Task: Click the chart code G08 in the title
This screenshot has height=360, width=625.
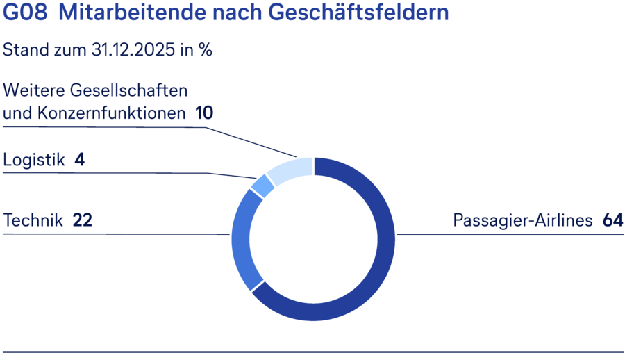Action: [25, 13]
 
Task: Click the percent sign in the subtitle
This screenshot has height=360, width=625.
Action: [205, 50]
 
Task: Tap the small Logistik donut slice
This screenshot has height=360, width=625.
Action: [262, 186]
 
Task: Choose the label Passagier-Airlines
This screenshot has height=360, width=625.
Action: [522, 221]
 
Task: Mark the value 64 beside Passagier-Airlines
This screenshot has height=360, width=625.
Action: [612, 221]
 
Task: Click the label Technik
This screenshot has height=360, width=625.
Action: [33, 221]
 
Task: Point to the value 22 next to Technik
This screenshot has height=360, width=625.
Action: [82, 221]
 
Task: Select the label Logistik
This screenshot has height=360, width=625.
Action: [34, 160]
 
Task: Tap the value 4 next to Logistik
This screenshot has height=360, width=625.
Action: [79, 160]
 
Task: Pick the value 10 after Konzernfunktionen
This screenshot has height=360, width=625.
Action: [203, 113]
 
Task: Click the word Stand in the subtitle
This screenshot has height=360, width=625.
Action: [24, 50]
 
